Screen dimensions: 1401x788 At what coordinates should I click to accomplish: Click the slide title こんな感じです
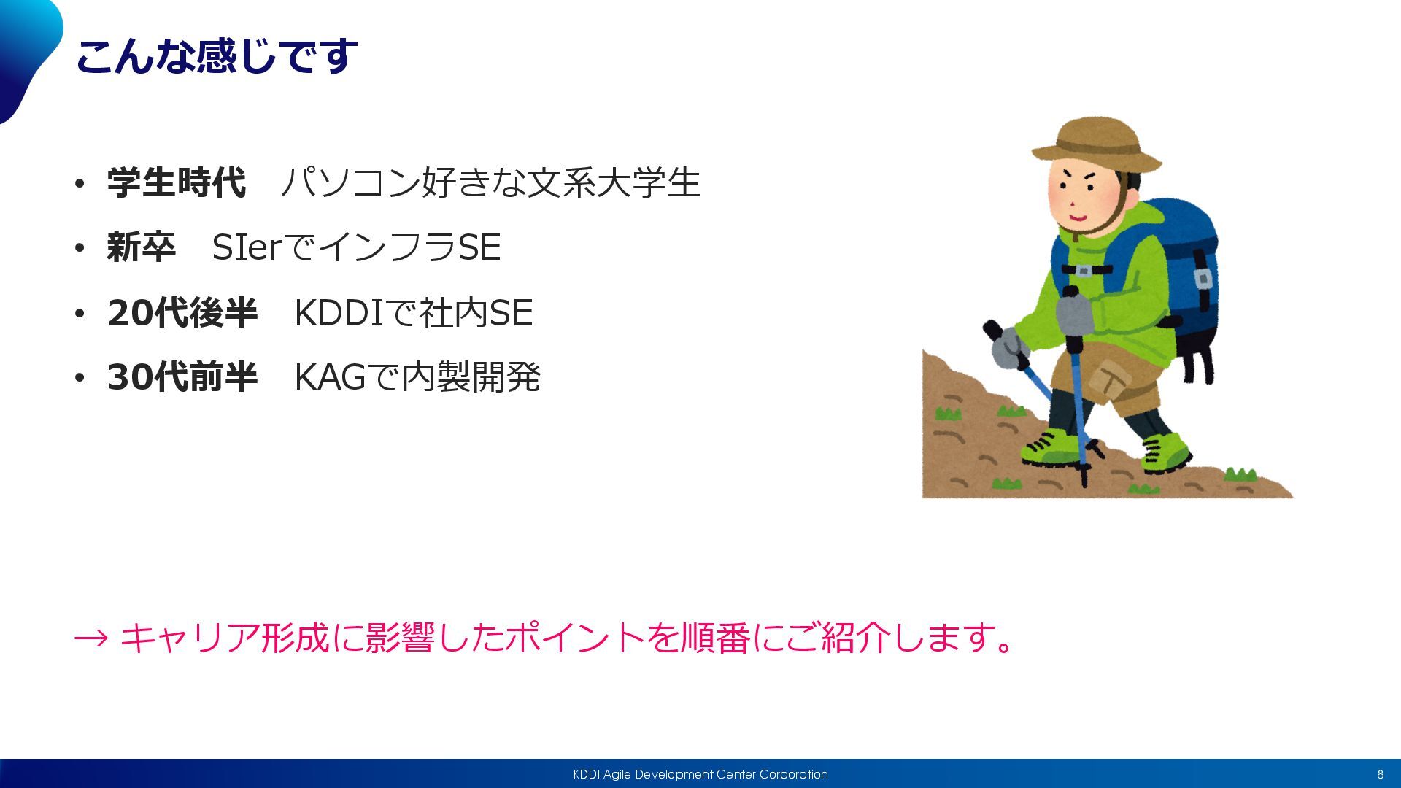coord(216,56)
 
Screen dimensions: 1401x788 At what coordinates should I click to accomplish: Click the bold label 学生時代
coord(177,182)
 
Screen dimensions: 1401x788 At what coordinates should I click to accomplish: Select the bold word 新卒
coord(142,247)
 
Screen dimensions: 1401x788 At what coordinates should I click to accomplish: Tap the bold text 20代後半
coord(182,312)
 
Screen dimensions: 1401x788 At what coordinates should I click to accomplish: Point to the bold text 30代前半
coord(182,376)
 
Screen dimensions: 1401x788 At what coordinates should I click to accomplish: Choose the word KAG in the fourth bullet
coord(330,377)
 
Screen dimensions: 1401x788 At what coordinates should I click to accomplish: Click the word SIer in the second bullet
coord(247,247)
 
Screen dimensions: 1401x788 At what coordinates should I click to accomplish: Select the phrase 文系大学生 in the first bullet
coord(614,182)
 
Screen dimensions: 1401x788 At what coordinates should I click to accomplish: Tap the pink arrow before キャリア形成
coord(91,638)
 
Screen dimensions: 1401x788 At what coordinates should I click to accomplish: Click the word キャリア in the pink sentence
coord(190,638)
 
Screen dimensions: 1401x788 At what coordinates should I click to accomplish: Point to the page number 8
coord(1380,774)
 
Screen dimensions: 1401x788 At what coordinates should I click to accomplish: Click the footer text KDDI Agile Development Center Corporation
coord(700,774)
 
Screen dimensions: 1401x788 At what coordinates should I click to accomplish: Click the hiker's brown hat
coord(1095,144)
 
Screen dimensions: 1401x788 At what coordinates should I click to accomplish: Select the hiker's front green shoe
coord(1049,449)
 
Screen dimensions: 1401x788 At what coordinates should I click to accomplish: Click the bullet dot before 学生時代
coord(80,183)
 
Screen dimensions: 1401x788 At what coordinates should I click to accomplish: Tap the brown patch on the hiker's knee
coord(1109,379)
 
